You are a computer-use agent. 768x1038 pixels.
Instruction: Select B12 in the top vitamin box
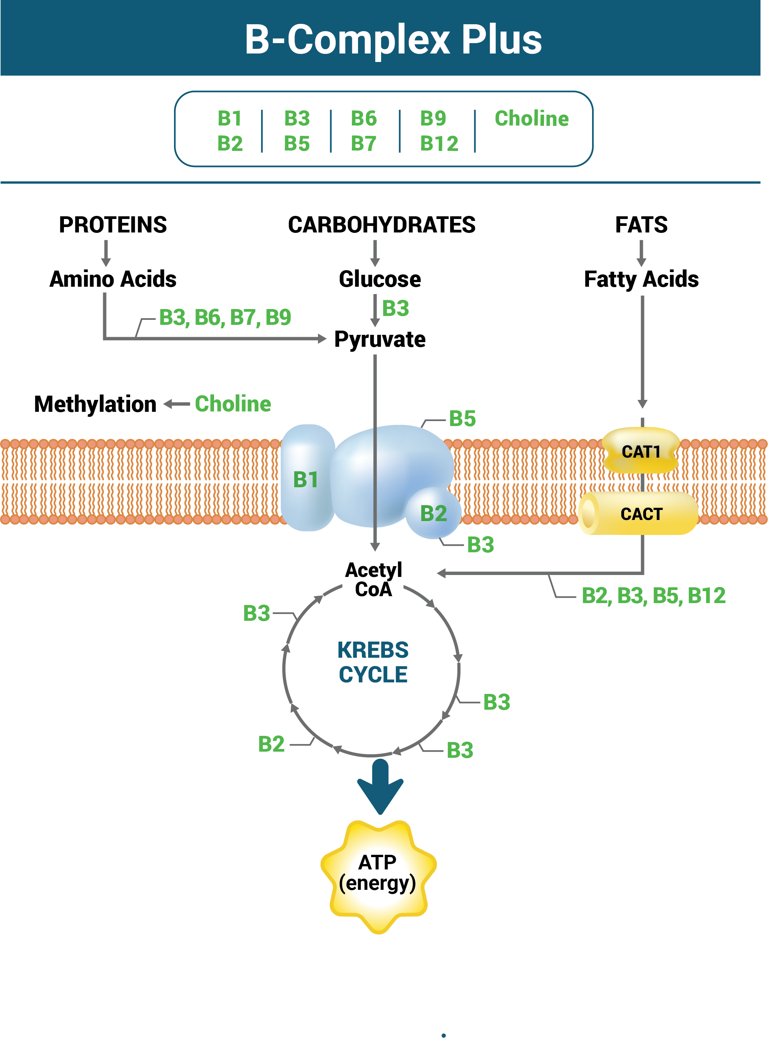click(439, 144)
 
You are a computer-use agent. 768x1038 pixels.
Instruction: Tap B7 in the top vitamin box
click(363, 144)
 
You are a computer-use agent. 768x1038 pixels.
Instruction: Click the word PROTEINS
click(112, 225)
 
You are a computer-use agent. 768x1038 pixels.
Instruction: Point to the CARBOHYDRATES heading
click(381, 225)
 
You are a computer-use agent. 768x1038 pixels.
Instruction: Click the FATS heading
click(641, 225)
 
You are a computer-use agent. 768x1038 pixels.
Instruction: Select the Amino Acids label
click(113, 279)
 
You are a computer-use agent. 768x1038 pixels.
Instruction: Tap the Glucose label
click(380, 279)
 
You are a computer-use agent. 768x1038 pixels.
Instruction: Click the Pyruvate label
click(380, 339)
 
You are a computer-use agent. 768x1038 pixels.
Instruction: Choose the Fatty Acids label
click(641, 279)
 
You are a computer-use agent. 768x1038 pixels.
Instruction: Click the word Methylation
click(95, 404)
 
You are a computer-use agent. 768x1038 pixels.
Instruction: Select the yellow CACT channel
click(641, 514)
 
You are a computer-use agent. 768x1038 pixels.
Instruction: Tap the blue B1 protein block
click(306, 479)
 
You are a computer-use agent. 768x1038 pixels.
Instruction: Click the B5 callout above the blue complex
click(462, 418)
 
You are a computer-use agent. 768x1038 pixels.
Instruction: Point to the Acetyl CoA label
click(373, 580)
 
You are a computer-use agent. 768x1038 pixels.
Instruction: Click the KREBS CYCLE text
click(373, 662)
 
